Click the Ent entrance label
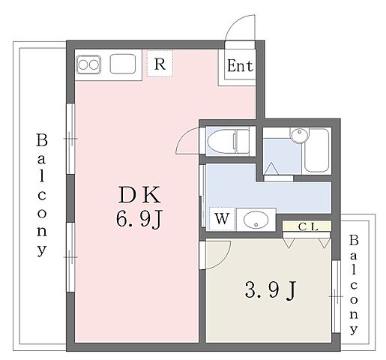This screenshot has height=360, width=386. [240, 66]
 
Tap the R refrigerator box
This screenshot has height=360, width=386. [159, 64]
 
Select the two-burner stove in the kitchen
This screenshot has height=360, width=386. [88, 64]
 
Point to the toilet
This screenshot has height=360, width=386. [228, 140]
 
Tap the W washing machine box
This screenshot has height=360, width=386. [222, 219]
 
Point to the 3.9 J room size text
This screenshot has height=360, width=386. [268, 289]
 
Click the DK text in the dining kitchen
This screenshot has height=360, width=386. [138, 196]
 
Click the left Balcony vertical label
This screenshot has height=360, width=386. [42, 195]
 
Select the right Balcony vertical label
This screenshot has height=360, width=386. [355, 285]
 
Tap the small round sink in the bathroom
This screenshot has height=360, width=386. [298, 135]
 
